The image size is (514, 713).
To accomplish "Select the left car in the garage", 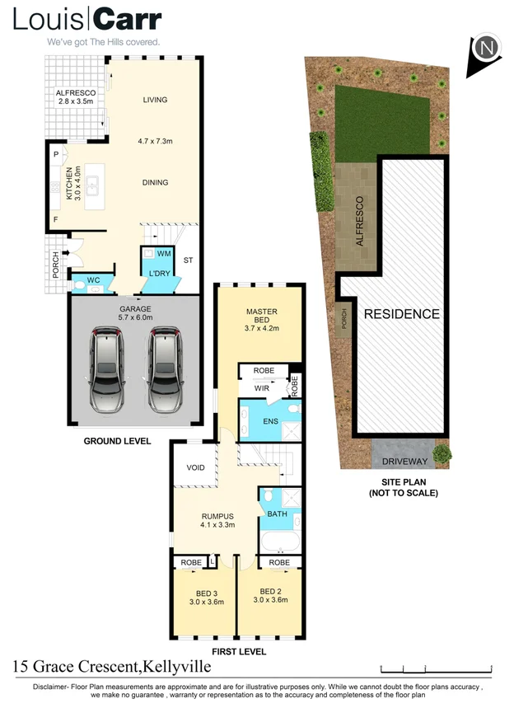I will click(108, 370).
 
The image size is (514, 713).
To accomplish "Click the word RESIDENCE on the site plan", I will click(402, 314).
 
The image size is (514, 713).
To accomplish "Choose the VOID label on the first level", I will click(195, 467).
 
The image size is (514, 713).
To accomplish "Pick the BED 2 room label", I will click(271, 594).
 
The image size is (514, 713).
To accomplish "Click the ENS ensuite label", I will click(269, 421).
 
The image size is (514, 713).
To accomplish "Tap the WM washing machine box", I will click(163, 252).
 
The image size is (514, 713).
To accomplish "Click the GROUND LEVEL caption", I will click(118, 441).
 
